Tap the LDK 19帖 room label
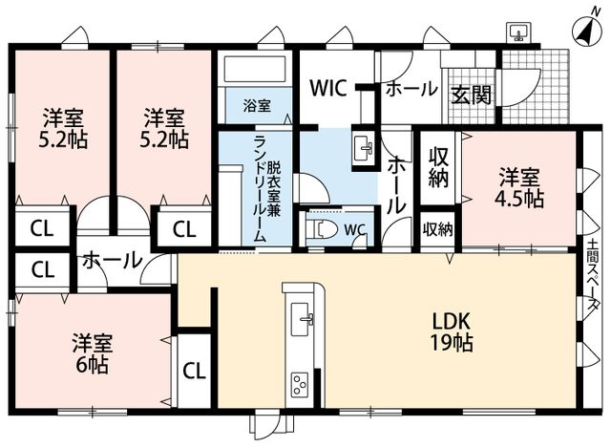click(x=452, y=332)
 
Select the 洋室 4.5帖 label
click(x=519, y=187)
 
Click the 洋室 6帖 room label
click(x=93, y=353)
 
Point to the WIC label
click(x=328, y=88)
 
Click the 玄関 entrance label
click(x=471, y=95)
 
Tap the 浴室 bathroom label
click(x=257, y=106)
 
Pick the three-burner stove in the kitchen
click(x=300, y=385)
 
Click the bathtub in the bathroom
click(x=255, y=70)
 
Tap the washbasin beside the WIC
click(x=364, y=149)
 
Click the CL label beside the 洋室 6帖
click(x=194, y=371)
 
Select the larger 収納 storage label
click(x=439, y=168)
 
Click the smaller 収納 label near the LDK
click(x=438, y=230)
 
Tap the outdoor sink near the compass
click(x=518, y=32)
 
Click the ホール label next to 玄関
click(x=411, y=89)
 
